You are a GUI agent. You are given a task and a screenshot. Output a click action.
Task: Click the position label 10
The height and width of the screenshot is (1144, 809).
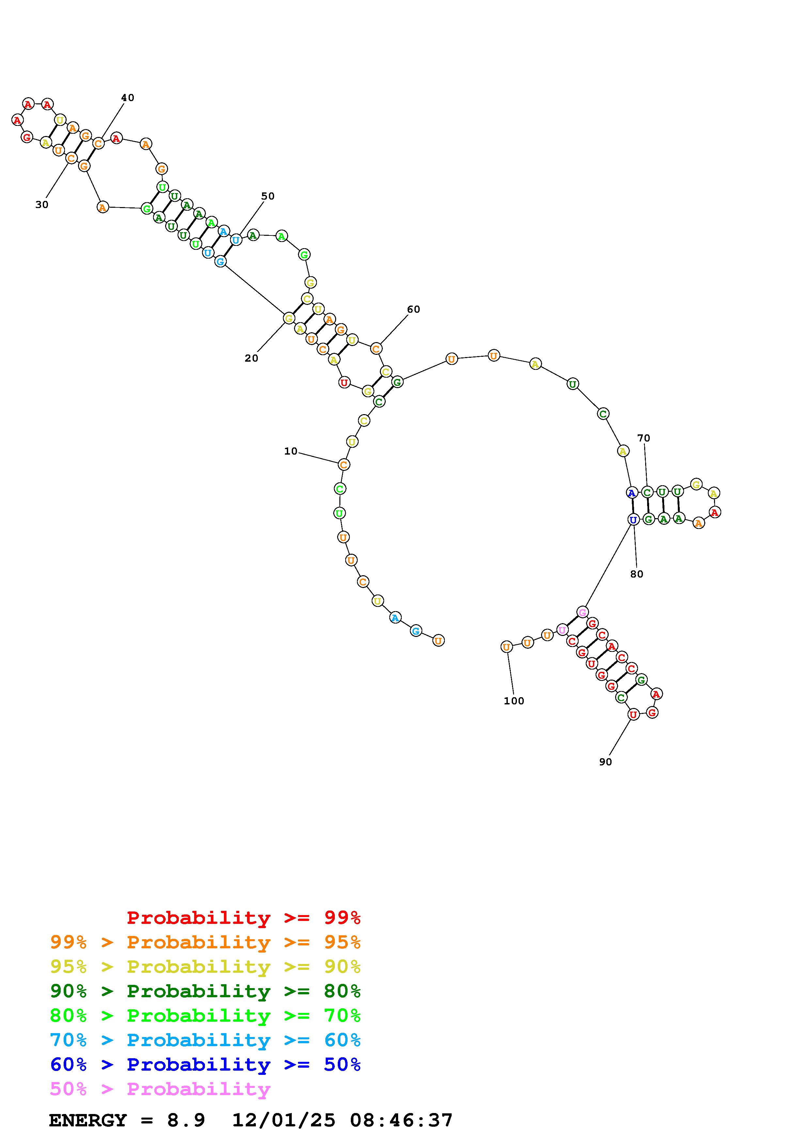290,451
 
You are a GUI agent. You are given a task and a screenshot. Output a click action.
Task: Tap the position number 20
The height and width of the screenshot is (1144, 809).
251,358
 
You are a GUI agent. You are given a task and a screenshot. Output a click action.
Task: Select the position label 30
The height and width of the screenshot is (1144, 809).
42,205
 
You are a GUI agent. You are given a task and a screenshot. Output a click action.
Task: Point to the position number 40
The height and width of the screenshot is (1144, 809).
128,98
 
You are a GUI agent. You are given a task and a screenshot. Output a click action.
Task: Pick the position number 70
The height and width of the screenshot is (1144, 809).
644,438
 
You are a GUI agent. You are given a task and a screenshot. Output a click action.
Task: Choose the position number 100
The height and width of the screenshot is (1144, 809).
514,701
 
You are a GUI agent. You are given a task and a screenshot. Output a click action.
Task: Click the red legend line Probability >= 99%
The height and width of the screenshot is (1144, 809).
244,918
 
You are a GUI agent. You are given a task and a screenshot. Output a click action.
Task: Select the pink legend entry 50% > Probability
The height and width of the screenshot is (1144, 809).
160,1089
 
